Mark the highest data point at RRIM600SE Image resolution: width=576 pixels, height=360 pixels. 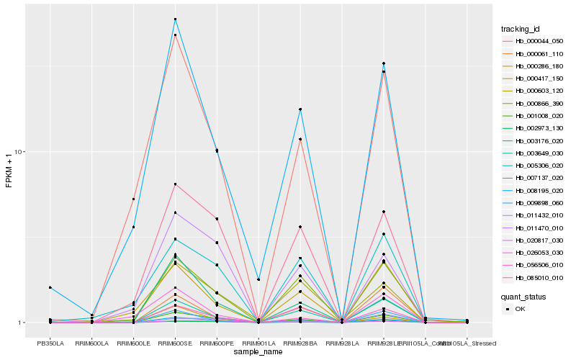(x=175, y=19)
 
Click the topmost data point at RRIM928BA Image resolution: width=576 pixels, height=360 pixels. (x=300, y=109)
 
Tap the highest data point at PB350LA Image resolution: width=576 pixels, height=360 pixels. (x=50, y=287)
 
